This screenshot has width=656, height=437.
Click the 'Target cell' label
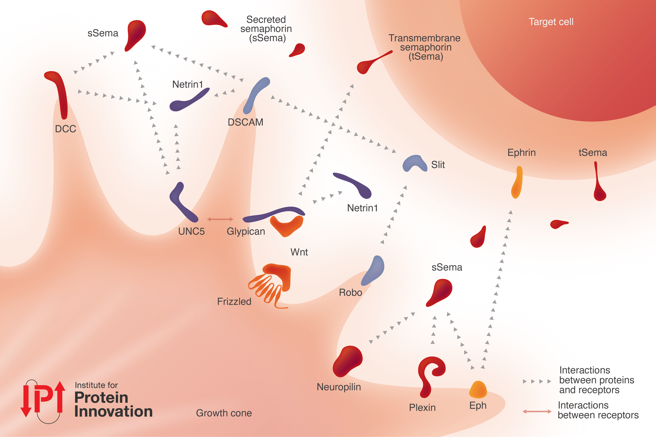pos(551,22)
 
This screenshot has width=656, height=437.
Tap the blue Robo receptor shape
pos(373,270)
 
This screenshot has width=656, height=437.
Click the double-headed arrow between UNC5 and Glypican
pos(220,219)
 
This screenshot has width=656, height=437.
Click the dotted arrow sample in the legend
pos(537,381)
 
